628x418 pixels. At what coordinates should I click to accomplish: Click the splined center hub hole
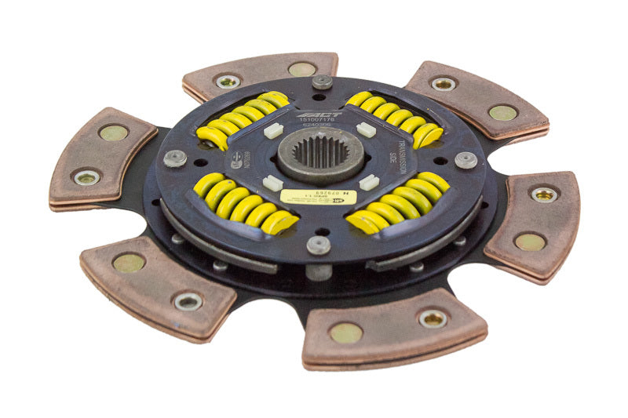pos(319,152)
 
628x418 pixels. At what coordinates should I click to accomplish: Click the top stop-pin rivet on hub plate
pos(322,81)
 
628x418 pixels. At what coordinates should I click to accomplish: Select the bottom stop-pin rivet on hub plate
pos(318,245)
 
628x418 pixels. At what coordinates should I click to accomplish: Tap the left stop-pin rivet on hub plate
pos(175,157)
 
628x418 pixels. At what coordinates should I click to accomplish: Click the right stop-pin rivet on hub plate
pos(466,159)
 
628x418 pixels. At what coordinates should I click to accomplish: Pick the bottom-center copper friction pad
pos(392,328)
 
